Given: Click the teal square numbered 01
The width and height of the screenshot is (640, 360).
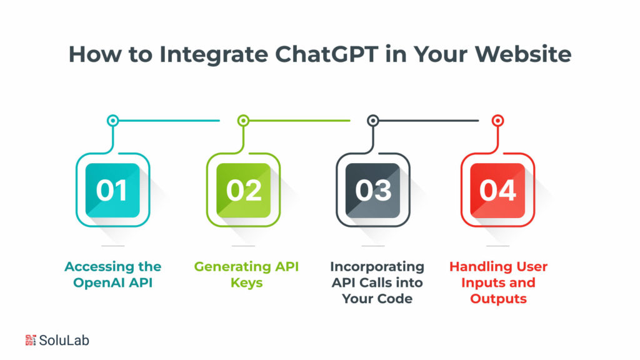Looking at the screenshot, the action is pos(112,190).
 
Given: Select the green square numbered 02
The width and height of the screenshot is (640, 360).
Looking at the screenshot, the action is pos(243,190).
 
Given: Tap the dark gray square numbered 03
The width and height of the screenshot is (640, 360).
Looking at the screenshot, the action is pos(372,190).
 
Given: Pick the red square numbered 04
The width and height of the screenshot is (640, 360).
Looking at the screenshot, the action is pos(497,190).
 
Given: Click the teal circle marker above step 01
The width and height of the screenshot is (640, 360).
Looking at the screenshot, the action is pos(112,121).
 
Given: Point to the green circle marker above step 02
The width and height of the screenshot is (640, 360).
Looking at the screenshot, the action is pos(243,121).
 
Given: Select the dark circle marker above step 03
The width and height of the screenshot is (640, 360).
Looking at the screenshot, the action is pos(372,121).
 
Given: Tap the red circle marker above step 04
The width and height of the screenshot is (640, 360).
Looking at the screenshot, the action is pos(497,121).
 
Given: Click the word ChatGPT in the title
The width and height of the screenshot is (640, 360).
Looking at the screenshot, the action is pos(326,54).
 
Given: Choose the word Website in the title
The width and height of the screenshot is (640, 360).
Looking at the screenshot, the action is pos(523,54).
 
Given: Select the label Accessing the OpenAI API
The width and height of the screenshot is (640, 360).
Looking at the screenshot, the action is pos(112,274).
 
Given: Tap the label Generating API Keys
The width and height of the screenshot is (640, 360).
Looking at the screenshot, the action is pos(246,274).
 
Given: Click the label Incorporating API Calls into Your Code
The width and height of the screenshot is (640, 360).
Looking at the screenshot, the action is pos(377,282).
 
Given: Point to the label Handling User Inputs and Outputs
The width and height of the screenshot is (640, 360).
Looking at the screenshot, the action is pos(498,282).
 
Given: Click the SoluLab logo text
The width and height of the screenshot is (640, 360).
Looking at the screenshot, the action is pos(64,341).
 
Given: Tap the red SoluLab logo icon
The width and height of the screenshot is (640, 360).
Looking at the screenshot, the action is pos(31,340).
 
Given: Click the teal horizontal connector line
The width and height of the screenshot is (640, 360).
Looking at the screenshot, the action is pos(169,121).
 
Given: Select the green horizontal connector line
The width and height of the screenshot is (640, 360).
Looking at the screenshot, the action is pos(300,121).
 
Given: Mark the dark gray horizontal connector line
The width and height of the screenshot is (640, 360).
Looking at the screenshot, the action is pos(429,121).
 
